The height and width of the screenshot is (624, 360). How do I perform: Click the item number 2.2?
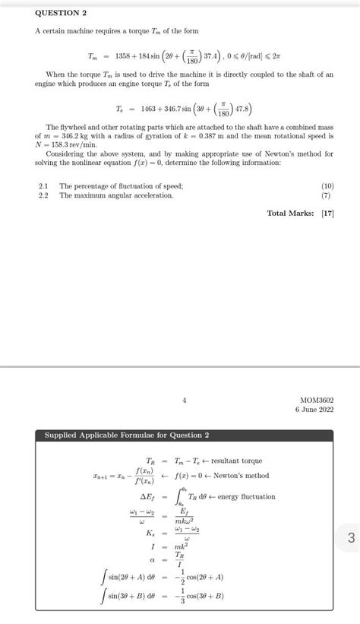click(43, 195)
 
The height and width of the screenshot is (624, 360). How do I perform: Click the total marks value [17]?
click(327, 214)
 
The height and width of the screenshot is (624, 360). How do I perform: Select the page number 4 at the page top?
click(184, 399)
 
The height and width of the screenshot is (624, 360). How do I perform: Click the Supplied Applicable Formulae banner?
click(127, 436)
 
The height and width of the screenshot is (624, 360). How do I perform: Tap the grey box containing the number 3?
click(349, 538)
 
